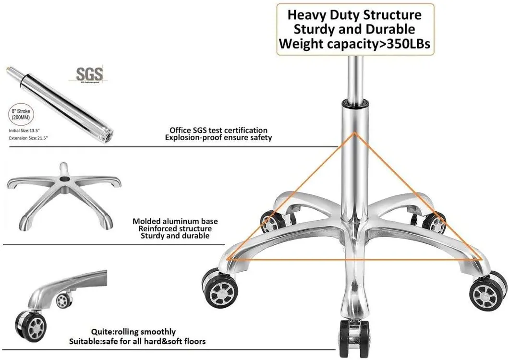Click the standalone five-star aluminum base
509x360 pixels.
point(64,194)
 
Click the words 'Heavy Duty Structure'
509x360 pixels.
point(354,14)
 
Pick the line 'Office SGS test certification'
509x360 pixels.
point(218,130)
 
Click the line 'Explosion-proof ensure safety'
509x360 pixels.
point(218,138)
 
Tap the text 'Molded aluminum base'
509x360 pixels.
point(175,221)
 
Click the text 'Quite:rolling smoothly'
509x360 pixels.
point(133,332)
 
